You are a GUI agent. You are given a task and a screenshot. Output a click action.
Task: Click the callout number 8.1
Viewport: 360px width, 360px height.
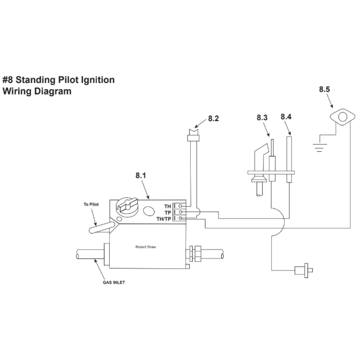pyautogui.click(x=141, y=176)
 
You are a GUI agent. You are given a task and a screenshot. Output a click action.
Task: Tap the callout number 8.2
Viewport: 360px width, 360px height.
pyautogui.click(x=213, y=118)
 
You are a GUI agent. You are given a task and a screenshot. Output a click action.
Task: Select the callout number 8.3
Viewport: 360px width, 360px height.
pyautogui.click(x=262, y=117)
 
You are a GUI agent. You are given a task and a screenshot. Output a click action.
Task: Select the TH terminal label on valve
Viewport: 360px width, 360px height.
pyautogui.click(x=167, y=206)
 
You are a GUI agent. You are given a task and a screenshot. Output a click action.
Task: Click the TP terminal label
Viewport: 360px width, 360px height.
pyautogui.click(x=167, y=212)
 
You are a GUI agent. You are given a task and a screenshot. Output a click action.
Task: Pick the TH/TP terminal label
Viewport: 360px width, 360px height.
pyautogui.click(x=164, y=219)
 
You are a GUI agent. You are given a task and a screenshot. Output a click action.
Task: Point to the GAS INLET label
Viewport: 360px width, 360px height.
pyautogui.click(x=114, y=282)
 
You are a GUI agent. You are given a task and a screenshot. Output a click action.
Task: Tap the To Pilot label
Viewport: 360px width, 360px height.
pyautogui.click(x=91, y=204)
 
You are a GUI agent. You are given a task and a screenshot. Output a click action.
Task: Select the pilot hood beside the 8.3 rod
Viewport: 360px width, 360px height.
pyautogui.click(x=260, y=151)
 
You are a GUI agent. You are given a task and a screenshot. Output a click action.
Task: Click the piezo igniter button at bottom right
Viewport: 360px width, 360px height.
pyautogui.click(x=304, y=270)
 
